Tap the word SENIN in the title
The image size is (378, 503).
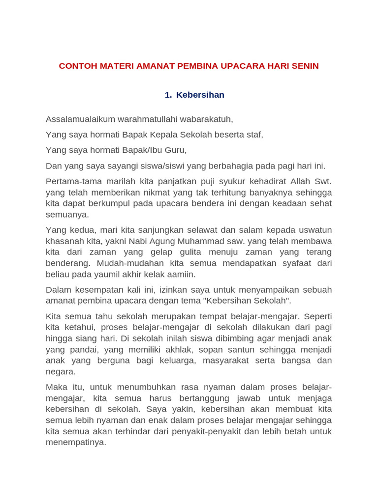click(x=305, y=66)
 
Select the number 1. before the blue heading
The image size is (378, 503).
click(x=168, y=95)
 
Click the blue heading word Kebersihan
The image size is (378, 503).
click(x=200, y=95)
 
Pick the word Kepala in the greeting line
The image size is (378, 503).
click(x=163, y=135)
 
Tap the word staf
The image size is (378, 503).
click(x=255, y=135)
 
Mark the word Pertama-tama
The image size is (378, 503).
click(x=70, y=181)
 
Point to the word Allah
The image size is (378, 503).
click(x=302, y=181)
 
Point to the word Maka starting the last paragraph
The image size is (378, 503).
click(x=56, y=387)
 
